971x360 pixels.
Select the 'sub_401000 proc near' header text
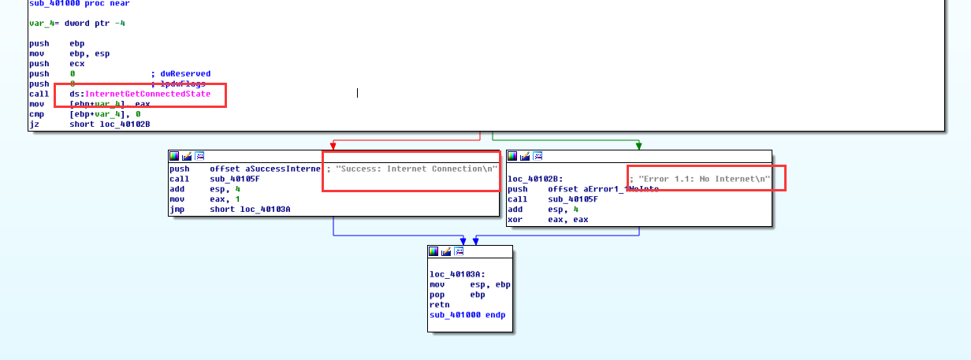pyautogui.click(x=68, y=4)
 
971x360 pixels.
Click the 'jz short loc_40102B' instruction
pyautogui.click(x=89, y=124)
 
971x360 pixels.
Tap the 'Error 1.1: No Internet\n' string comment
pyautogui.click(x=703, y=179)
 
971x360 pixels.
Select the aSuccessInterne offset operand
pyautogui.click(x=266, y=169)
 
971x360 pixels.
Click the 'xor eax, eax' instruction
pyautogui.click(x=549, y=220)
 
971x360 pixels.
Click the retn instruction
pyautogui.click(x=439, y=304)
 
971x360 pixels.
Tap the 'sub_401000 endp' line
pyautogui.click(x=467, y=314)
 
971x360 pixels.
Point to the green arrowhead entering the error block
pyautogui.click(x=638, y=146)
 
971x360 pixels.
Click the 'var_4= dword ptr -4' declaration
pyautogui.click(x=76, y=24)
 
